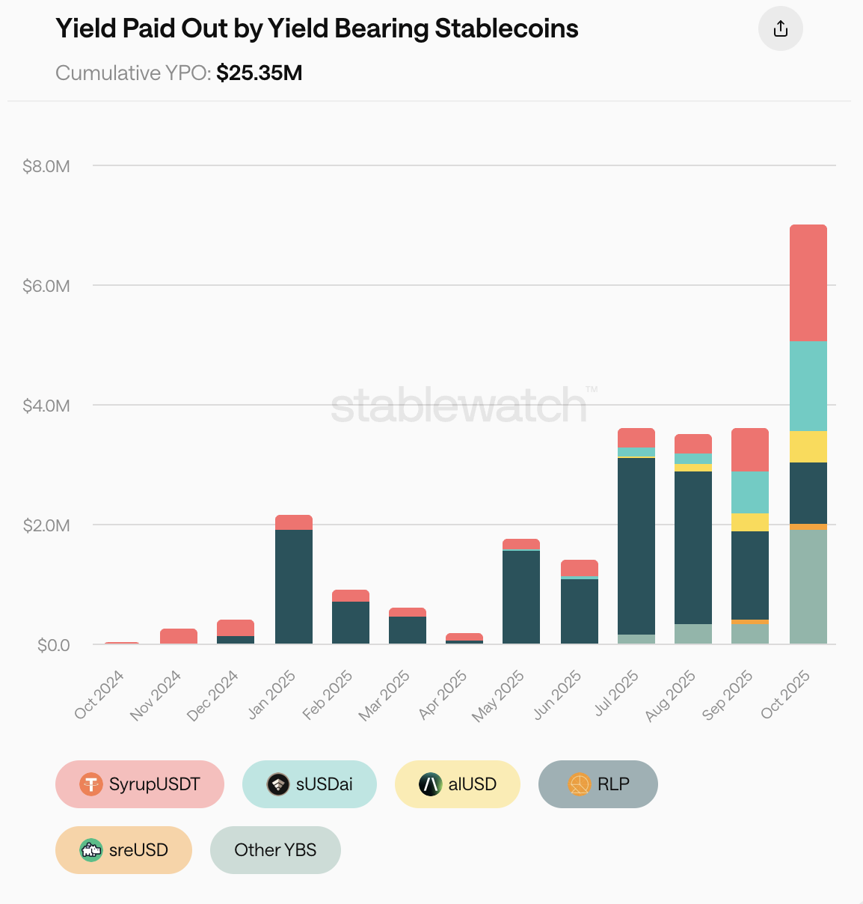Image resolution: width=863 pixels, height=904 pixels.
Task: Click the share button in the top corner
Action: (780, 29)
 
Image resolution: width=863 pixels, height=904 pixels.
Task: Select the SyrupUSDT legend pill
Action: (140, 784)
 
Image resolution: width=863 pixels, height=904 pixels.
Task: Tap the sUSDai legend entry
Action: (309, 784)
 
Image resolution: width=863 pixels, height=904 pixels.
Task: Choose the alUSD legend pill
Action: (457, 784)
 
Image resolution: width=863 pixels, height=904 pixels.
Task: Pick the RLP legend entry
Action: (598, 784)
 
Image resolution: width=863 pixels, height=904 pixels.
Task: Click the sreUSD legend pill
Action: (123, 850)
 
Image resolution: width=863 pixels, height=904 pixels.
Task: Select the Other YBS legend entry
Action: (275, 850)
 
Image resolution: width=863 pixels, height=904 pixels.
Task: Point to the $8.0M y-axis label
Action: (46, 166)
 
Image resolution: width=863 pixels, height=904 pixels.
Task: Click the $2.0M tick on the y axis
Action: (46, 525)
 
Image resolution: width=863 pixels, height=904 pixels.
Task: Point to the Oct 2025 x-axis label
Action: (786, 694)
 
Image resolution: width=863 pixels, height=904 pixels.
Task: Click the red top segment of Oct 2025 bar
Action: (808, 283)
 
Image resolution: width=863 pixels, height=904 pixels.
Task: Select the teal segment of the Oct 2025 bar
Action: (808, 386)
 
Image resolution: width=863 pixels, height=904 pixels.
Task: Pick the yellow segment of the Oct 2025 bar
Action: (808, 447)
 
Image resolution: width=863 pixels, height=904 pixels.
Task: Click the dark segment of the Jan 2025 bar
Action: (294, 587)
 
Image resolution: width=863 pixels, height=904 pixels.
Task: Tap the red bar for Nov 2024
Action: (179, 637)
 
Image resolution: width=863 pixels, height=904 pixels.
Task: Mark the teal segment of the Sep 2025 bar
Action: (750, 492)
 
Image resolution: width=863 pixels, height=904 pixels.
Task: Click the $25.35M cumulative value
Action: (259, 73)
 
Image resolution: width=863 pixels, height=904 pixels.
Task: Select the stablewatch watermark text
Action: (459, 406)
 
